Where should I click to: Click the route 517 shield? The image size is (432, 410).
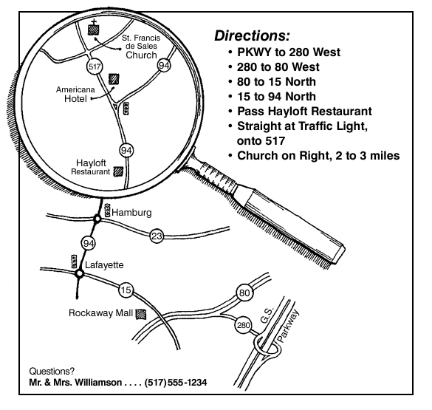coord(95,66)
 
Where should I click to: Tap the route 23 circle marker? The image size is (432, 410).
coord(157,236)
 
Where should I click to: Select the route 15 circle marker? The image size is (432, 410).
coord(126,290)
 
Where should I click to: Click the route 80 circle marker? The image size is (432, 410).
coord(244,293)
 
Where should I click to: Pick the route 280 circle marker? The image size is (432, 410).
coord(243,325)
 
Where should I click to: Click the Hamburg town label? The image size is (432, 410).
coord(131,213)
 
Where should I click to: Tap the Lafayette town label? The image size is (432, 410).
coord(104,265)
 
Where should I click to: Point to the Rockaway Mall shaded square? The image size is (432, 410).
coord(141,314)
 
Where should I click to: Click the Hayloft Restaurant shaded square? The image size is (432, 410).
coord(118,171)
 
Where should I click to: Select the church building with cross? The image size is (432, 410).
coord(93,28)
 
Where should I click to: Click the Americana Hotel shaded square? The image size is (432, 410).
coord(114,79)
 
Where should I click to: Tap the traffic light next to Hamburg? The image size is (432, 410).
coord(108,211)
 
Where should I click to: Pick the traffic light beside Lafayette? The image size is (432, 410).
coord(74,262)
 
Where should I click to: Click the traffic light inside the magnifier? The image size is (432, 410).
coord(126,109)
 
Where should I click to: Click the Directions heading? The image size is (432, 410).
coord(252,35)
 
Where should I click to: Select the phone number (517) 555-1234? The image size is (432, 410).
coord(176,383)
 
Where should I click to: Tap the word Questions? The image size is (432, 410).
coord(52,371)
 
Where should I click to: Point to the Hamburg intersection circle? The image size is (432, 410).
coord(97,219)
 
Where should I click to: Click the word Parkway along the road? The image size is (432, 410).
coord(288,326)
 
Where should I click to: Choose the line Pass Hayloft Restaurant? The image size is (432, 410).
coord(304,112)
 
